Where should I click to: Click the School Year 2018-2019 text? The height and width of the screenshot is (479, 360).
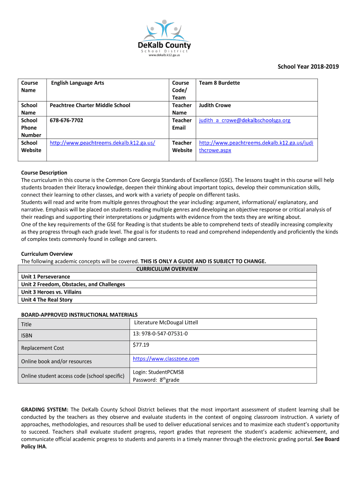pos(308,67)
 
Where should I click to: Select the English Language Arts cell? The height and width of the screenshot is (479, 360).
pos(78,83)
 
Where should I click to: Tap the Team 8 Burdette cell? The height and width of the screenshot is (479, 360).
pos(219,83)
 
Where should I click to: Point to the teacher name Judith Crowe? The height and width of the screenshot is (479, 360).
pos(215,106)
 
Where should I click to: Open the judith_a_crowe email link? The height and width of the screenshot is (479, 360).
pos(245,121)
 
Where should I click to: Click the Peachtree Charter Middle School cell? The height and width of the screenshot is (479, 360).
pos(91,106)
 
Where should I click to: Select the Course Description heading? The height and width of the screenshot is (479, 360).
pos(44,173)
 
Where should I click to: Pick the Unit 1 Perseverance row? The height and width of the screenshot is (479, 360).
pos(46,277)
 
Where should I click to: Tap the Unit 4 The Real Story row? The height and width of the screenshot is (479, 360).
pos(47,300)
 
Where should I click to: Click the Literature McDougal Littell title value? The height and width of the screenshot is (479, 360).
pos(166,323)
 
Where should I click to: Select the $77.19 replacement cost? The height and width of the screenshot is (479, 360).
pos(141,345)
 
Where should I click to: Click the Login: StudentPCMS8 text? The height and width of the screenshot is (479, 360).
pos(158,372)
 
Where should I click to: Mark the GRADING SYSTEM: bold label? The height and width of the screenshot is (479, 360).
pos(45,409)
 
